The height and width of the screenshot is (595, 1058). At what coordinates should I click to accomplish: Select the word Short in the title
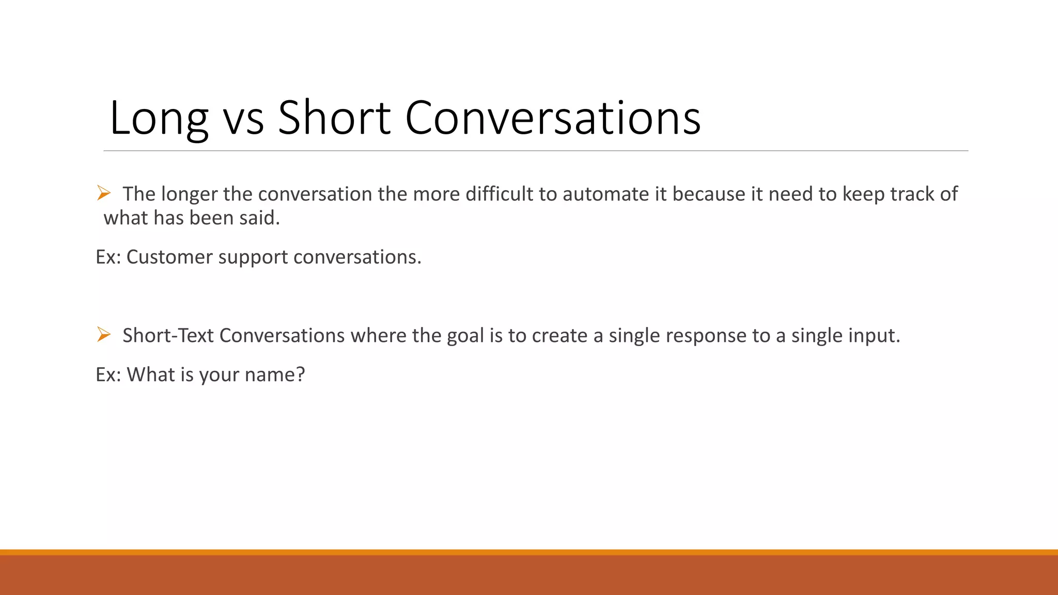[x=334, y=119]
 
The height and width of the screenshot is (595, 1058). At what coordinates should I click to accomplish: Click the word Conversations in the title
[x=553, y=119]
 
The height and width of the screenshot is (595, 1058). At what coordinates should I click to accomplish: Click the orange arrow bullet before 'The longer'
[x=104, y=193]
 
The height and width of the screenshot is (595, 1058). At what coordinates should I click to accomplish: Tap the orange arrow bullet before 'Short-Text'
[x=104, y=335]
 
